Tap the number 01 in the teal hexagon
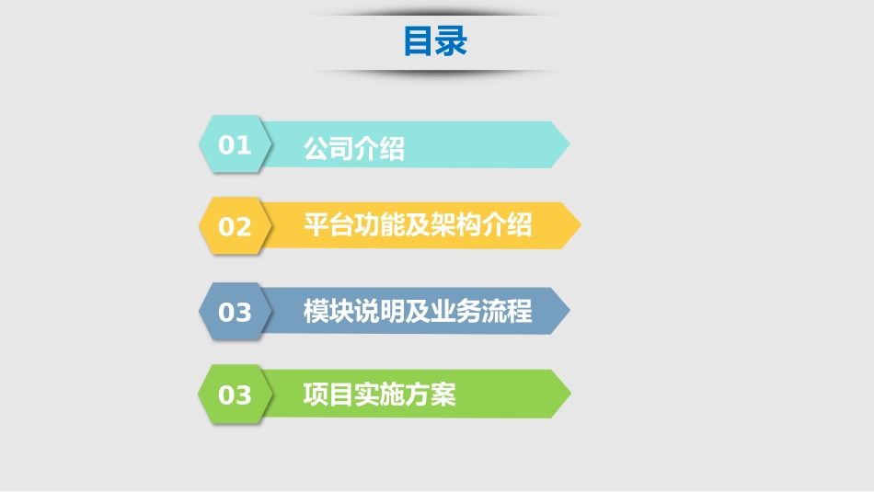(x=235, y=144)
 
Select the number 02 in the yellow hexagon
(x=235, y=226)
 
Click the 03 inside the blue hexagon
(x=235, y=312)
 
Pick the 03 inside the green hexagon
(x=235, y=395)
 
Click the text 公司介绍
(x=354, y=148)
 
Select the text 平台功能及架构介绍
(x=418, y=224)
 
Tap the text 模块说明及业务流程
(x=418, y=311)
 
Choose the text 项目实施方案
(x=379, y=395)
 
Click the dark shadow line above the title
(x=435, y=14)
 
